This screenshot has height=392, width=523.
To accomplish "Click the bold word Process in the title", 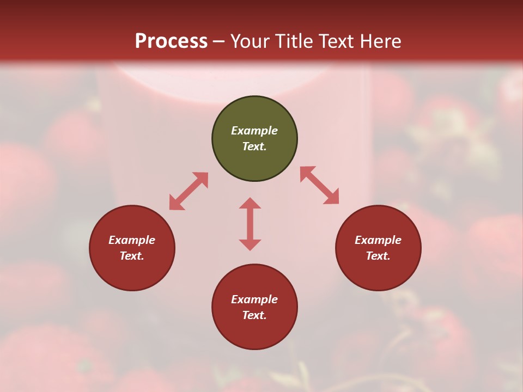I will coord(171,41).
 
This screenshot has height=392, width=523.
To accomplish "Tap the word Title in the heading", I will coord(296,41).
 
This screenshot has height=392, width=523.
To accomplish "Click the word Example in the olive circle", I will coord(254,131).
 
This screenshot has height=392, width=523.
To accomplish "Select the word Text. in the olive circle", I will coord(254,146).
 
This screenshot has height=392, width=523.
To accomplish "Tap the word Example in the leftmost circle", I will coord(132,240).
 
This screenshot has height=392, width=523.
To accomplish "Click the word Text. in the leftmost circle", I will coord(132,256).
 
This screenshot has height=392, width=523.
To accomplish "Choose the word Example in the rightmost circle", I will coord(378,240).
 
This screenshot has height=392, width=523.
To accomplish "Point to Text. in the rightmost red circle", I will coord(378,256).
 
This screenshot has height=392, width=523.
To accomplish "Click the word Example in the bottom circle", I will coord(254,299).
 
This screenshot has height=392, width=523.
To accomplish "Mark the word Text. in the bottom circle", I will coord(254,315).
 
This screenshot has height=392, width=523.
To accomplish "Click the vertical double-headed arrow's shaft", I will coord(250,224).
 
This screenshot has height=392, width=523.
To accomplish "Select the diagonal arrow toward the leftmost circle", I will coord(188,191).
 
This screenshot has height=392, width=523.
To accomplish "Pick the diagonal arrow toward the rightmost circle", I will coord(320,185).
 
